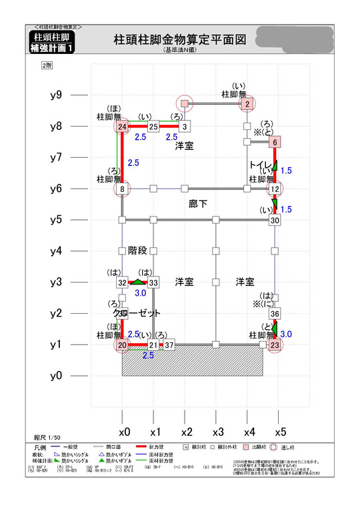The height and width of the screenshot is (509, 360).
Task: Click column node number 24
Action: coord(122,127)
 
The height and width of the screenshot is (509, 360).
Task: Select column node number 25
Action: coord(153,127)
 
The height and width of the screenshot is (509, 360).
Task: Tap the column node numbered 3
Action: coord(185,127)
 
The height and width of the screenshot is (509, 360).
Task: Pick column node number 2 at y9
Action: coord(247,104)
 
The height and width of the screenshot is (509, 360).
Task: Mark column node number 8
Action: coord(122,189)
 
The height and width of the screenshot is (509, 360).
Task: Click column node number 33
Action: coord(153,283)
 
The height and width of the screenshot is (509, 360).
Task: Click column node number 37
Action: coord(169,345)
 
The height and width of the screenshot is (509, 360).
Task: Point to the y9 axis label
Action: coord(56,95)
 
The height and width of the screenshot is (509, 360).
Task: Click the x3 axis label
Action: coord(217,431)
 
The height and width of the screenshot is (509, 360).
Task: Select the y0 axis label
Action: coord(56,376)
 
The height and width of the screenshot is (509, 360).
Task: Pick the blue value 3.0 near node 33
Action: coord(141,293)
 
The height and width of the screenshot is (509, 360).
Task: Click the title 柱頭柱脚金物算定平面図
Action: coord(180,40)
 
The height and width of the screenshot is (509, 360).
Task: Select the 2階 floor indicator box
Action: coord(47,65)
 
